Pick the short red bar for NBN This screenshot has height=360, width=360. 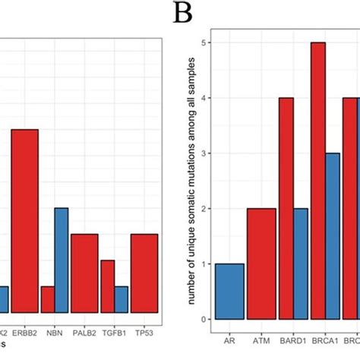pyautogui.click(x=47, y=299)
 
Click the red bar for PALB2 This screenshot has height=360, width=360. pyautogui.click(x=84, y=273)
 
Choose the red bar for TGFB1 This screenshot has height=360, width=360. pyautogui.click(x=107, y=286)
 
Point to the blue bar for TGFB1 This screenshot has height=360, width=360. pyautogui.click(x=121, y=299)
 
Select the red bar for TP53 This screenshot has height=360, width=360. pyautogui.click(x=144, y=273)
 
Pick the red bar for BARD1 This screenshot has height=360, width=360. pyautogui.click(x=286, y=208)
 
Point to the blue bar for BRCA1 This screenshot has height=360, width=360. pyautogui.click(x=333, y=236)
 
